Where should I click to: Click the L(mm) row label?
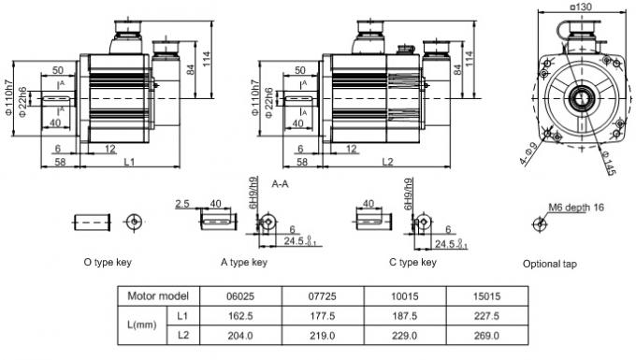(x=142, y=326)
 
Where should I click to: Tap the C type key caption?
(x=412, y=263)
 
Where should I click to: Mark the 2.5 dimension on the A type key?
(x=181, y=202)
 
